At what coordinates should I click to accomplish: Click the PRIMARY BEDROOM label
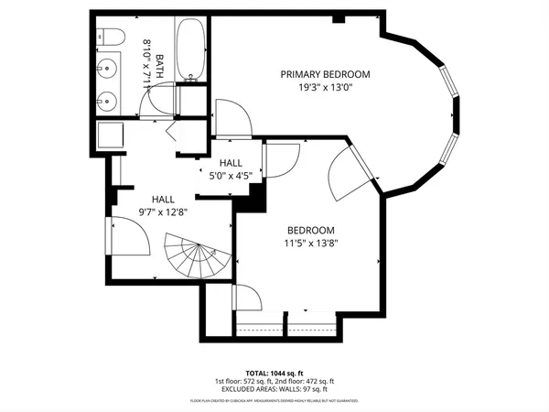click(325, 74)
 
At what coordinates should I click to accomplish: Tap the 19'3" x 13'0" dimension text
click(325, 89)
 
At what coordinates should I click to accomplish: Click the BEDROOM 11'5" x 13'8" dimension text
click(311, 244)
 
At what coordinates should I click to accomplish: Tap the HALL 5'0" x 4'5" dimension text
click(230, 177)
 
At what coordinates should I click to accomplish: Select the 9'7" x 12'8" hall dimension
click(163, 212)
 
